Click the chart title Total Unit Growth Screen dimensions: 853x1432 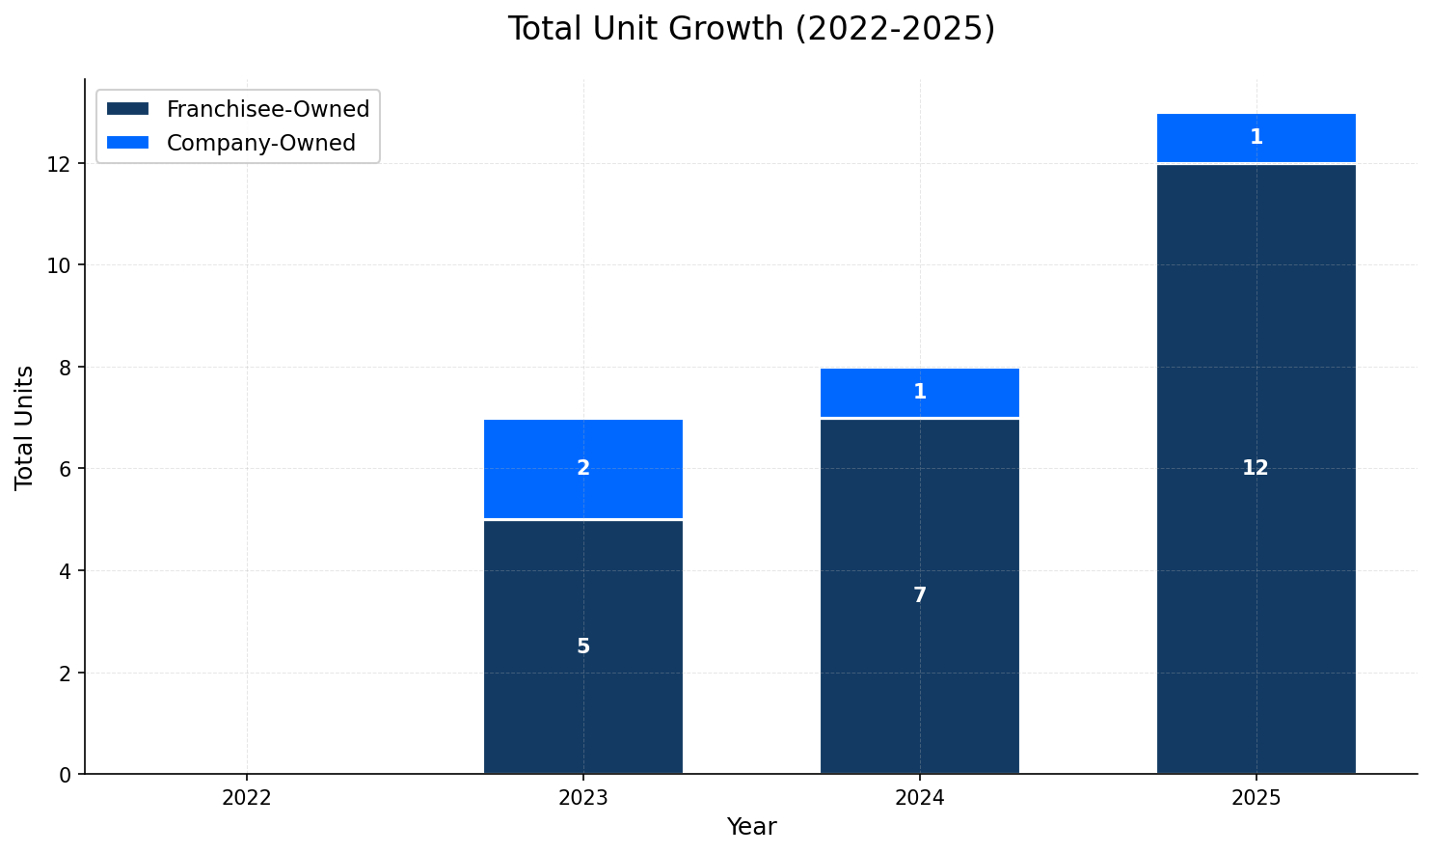pyautogui.click(x=751, y=29)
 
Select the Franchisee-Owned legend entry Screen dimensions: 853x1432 pyautogui.click(x=267, y=109)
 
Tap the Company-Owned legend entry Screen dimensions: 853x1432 pyautogui.click(x=260, y=143)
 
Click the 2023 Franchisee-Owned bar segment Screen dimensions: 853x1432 pyautogui.click(x=583, y=695)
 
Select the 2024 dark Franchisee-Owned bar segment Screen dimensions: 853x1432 pyautogui.click(x=920, y=656)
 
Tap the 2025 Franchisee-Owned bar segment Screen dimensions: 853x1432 pyautogui.click(x=1256, y=579)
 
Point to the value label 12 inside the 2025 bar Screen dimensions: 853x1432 pyautogui.click(x=1256, y=468)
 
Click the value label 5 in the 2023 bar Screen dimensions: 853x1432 pyautogui.click(x=583, y=647)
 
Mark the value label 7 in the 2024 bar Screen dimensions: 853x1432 pyautogui.click(x=920, y=595)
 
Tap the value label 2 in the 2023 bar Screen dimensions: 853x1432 pyautogui.click(x=583, y=468)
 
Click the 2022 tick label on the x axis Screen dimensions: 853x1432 pyautogui.click(x=247, y=798)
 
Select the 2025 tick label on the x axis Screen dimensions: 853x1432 pyautogui.click(x=1256, y=798)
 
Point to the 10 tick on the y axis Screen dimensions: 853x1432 pyautogui.click(x=60, y=265)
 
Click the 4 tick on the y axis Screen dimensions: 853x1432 pyautogui.click(x=66, y=571)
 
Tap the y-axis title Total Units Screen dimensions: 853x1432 pyautogui.click(x=25, y=427)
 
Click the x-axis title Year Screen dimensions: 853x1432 pyautogui.click(x=751, y=827)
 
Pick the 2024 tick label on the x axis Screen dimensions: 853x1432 pyautogui.click(x=920, y=798)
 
